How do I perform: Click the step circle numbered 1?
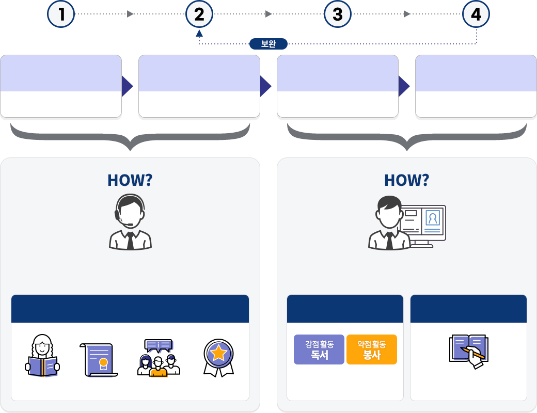pyautogui.click(x=61, y=14)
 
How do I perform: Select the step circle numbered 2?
pyautogui.click(x=199, y=14)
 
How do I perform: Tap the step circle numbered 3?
pyautogui.click(x=338, y=14)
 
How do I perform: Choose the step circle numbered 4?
pyautogui.click(x=476, y=14)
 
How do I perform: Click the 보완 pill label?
pyautogui.click(x=268, y=44)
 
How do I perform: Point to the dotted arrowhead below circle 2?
pyautogui.click(x=199, y=33)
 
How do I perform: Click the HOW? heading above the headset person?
pyautogui.click(x=130, y=180)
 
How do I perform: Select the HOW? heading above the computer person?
pyautogui.click(x=407, y=180)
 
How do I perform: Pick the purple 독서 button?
pyautogui.click(x=319, y=350)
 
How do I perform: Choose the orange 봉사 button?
pyautogui.click(x=372, y=350)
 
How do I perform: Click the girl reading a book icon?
pyautogui.click(x=42, y=356)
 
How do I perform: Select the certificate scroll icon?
pyautogui.click(x=98, y=359)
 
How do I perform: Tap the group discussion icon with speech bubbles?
pyautogui.click(x=159, y=358)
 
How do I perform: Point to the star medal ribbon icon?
pyautogui.click(x=218, y=356)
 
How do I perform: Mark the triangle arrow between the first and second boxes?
pyautogui.click(x=127, y=86)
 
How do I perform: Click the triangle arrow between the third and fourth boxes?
pyautogui.click(x=404, y=86)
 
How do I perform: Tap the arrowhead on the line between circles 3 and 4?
pyautogui.click(x=407, y=14)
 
